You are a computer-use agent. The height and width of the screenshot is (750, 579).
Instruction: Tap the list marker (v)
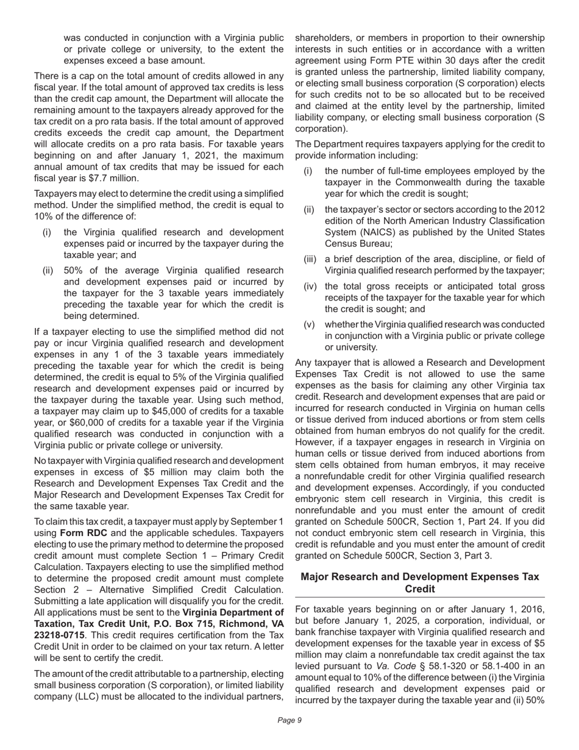coord(309,324)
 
